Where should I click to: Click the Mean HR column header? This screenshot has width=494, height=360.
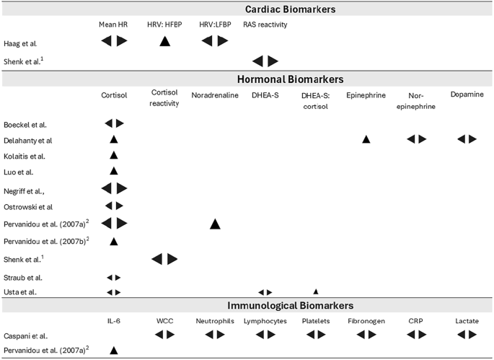(x=113, y=25)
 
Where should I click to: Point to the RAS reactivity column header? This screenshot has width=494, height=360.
(x=265, y=25)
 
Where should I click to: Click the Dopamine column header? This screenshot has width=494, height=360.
(x=462, y=95)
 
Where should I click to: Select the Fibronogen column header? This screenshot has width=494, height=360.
(x=366, y=321)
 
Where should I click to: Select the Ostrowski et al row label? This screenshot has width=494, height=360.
(x=28, y=206)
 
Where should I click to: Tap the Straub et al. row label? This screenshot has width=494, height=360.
(x=23, y=277)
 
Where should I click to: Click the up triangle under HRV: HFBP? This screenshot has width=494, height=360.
(x=164, y=42)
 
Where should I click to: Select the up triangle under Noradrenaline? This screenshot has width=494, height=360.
(x=214, y=224)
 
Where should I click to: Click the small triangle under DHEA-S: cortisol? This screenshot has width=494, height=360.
(x=315, y=291)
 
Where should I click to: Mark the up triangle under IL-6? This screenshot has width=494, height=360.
(x=113, y=351)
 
